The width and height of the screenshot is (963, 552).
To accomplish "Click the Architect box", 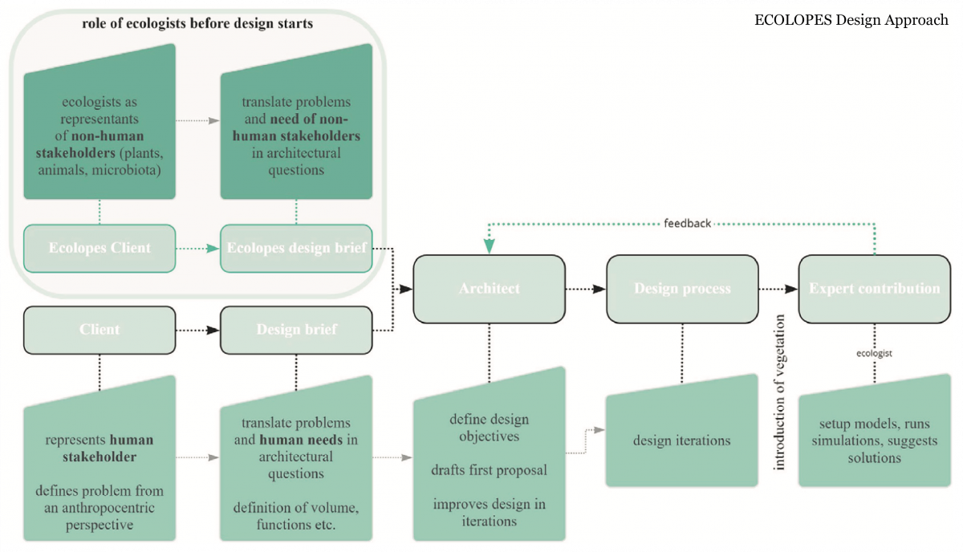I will click(489, 288).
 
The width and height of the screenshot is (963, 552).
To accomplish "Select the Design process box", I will click(682, 288).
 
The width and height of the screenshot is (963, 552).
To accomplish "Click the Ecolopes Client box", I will click(100, 248).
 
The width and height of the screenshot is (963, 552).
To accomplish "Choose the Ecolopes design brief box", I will click(297, 248).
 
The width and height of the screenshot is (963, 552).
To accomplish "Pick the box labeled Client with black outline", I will click(100, 329).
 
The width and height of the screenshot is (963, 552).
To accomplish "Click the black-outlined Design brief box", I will click(296, 329).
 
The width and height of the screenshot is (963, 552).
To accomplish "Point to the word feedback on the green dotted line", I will click(688, 223).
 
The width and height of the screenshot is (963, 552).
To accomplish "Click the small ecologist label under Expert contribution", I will click(874, 353).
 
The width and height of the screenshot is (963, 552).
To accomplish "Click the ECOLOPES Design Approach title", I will click(851, 21).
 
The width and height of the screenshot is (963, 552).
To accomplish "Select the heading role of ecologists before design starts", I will click(197, 23).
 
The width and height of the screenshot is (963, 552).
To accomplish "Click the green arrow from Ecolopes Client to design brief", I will click(197, 249).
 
